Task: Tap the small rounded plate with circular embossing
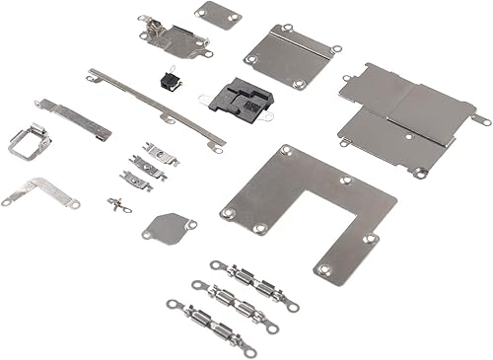[x=166, y=227]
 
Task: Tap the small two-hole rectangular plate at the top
[x=218, y=15]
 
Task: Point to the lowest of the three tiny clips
[x=135, y=180]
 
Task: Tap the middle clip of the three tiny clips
[x=147, y=167]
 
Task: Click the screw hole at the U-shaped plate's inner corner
[x=345, y=180]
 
